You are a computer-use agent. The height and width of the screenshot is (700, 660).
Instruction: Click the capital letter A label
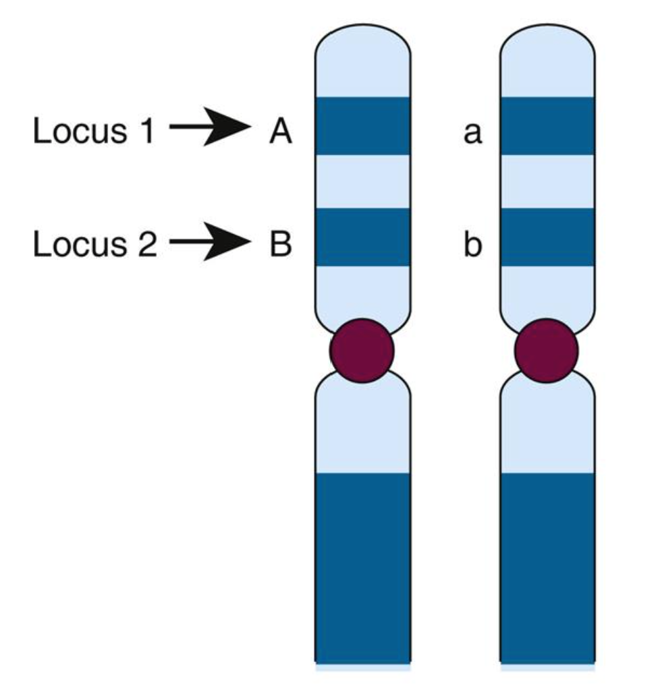click(281, 132)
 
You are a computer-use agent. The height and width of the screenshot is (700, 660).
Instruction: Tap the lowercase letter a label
click(472, 133)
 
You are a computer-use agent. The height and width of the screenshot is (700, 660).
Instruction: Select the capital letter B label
click(280, 244)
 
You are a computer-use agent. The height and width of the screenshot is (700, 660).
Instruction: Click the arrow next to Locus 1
click(209, 126)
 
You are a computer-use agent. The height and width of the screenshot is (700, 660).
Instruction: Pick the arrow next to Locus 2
click(209, 240)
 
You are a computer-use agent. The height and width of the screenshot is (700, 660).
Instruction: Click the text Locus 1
click(94, 131)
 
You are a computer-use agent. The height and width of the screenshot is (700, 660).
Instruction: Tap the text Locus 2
click(94, 244)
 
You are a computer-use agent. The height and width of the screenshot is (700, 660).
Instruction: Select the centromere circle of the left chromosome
click(362, 351)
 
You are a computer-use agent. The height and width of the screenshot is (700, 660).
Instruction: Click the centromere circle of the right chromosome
click(547, 351)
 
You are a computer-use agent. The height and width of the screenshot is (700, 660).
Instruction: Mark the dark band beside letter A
click(363, 126)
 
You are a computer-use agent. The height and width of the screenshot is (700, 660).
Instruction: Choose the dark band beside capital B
click(363, 237)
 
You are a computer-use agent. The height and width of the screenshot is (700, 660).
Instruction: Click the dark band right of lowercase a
click(547, 126)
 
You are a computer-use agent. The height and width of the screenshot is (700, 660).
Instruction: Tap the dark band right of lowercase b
click(547, 237)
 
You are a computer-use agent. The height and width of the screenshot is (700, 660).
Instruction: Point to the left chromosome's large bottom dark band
click(363, 566)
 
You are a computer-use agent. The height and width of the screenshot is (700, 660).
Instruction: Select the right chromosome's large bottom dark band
click(547, 566)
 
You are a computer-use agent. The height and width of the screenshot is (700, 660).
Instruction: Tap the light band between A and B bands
click(363, 181)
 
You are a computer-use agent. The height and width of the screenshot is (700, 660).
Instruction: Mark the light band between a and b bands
click(547, 181)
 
